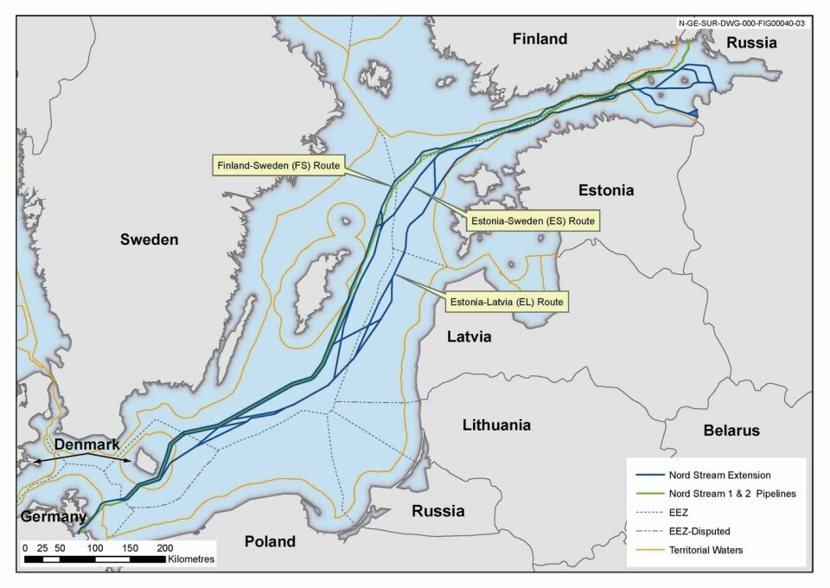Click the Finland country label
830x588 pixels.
pos(539,39)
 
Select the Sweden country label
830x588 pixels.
pos(149,240)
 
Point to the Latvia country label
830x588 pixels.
pos(469,336)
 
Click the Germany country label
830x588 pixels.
pos(54,517)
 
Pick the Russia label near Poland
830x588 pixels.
pos(437,509)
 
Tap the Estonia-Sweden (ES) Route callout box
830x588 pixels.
pos(532,221)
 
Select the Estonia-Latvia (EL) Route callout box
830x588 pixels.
pos(506,303)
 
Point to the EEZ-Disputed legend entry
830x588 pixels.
pos(703,528)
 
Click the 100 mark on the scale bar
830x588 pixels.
pos(95,548)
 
